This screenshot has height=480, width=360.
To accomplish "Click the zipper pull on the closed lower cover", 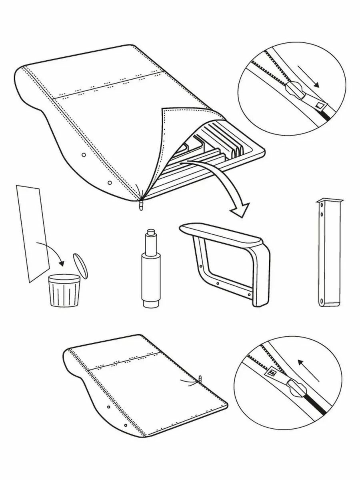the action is tap(200, 378).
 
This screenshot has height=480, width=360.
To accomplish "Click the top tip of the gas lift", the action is tap(150, 232).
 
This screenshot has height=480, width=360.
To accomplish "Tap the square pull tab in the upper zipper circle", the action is tap(320, 105).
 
